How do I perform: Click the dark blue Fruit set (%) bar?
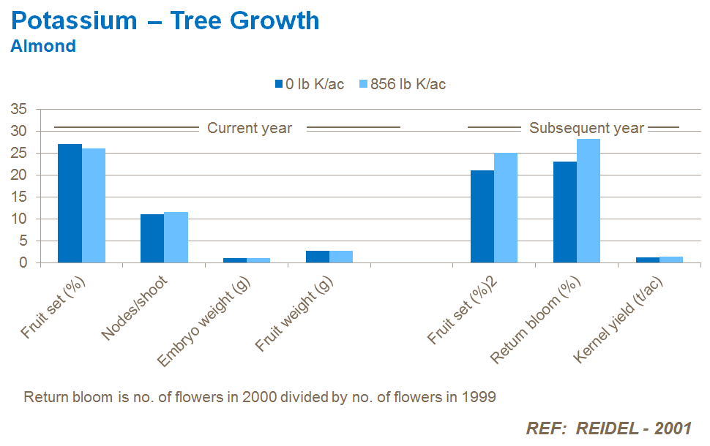[70, 203]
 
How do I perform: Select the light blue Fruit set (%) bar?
[94, 205]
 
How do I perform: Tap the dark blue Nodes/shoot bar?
[152, 238]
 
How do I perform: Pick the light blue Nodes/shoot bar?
[176, 238]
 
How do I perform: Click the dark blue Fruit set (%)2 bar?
[482, 216]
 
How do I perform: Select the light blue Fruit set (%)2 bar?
[506, 208]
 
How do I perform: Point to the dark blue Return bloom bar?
[565, 212]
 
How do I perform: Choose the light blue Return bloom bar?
[588, 201]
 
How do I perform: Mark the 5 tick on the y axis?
[23, 241]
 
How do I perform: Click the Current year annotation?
[250, 128]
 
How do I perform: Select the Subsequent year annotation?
[586, 128]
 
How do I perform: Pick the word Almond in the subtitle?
[43, 46]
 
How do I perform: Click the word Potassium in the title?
[74, 20]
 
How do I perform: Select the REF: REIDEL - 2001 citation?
[608, 428]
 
